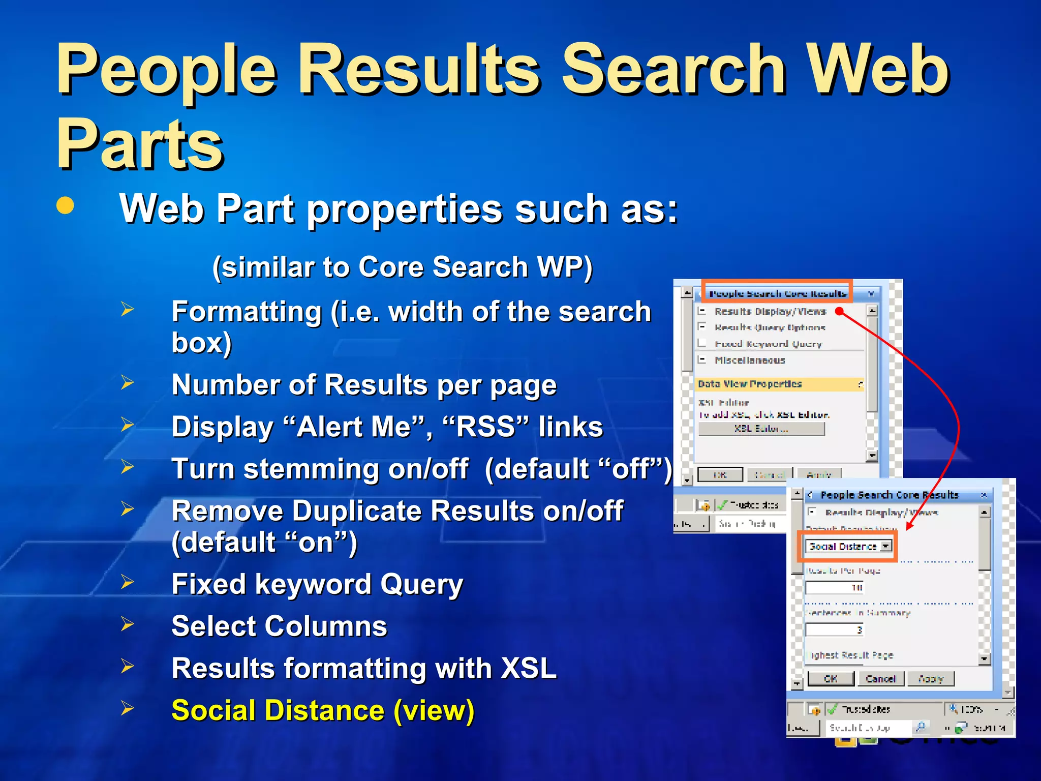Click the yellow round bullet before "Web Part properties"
(x=65, y=206)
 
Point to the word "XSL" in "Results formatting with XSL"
(x=529, y=668)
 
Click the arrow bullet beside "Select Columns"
(x=127, y=624)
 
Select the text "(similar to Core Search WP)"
(x=402, y=267)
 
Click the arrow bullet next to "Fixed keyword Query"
(x=127, y=582)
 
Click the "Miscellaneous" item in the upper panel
(x=750, y=360)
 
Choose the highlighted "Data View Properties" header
(x=750, y=384)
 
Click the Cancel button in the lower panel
(x=880, y=678)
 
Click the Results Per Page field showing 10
(x=835, y=588)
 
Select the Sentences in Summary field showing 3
(x=835, y=630)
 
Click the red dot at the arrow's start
(x=839, y=311)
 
